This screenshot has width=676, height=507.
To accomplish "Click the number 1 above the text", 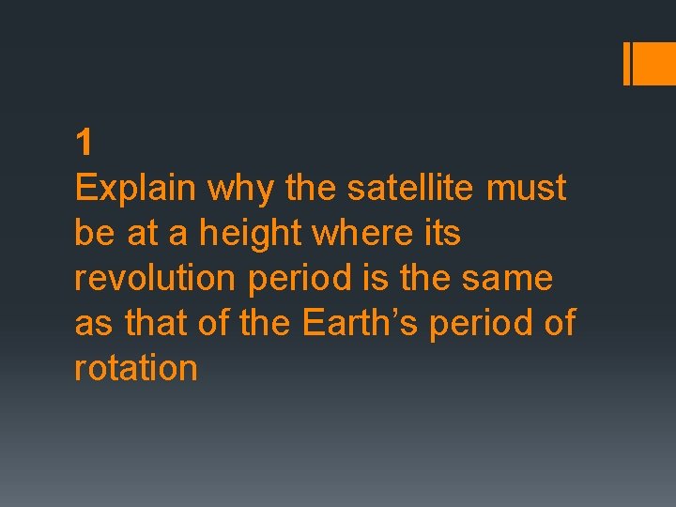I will (84, 144).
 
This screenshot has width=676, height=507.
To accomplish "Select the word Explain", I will (135, 190).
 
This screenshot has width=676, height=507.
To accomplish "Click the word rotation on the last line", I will (135, 368).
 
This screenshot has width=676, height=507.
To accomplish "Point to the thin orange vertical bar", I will (627, 63).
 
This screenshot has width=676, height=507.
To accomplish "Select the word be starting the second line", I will (94, 233).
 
